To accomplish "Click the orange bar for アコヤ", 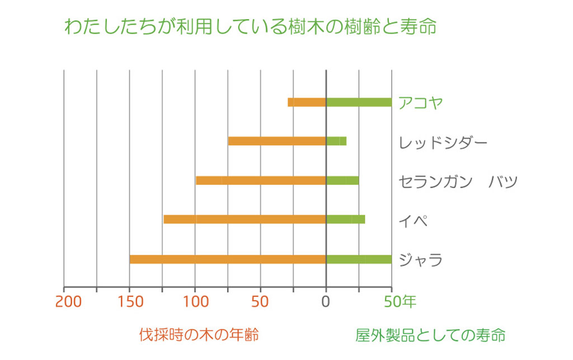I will (307, 102).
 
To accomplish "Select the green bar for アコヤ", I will (359, 102).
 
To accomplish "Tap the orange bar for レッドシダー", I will (277, 141).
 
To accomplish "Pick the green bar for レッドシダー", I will (336, 141).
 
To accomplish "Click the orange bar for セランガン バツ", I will (261, 180).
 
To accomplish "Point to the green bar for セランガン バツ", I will (342, 180).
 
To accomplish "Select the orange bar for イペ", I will (245, 219).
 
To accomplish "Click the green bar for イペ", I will (345, 219).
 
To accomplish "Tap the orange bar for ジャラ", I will (228, 259).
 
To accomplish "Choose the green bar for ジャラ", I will (359, 259).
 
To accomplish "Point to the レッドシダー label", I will (443, 142).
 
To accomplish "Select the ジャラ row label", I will (421, 260).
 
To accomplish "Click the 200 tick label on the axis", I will (69, 302).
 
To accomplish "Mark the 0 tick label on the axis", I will (326, 302).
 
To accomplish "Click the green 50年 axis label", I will (400, 302).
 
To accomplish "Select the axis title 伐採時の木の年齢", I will (199, 335).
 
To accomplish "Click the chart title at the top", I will (250, 26).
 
